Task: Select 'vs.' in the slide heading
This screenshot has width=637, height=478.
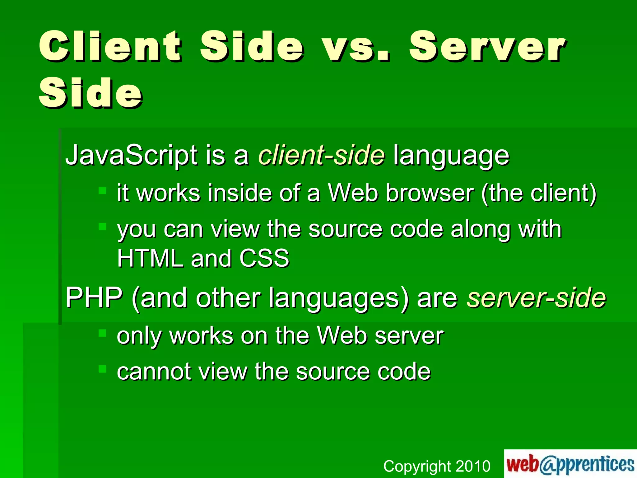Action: pos(356,47)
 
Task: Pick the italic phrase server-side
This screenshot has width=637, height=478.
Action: pos(536,298)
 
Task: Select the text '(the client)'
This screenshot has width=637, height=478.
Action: pos(539,193)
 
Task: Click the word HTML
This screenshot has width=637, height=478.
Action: pos(150,258)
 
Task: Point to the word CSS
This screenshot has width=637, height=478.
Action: pos(264,258)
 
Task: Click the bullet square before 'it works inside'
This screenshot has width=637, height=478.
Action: pos(102,190)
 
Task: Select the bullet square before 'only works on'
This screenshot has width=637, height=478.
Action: pos(102,333)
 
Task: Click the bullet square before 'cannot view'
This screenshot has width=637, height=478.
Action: pos(102,369)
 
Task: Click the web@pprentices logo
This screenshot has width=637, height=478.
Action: pos(570,464)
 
